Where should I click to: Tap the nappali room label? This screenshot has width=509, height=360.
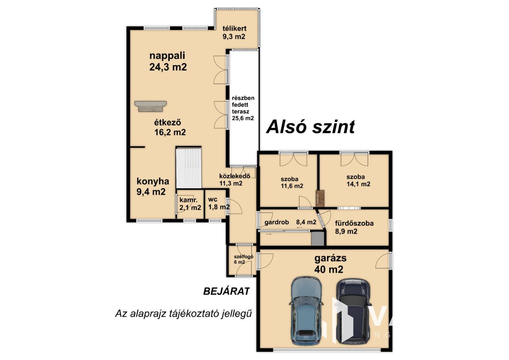(168, 61)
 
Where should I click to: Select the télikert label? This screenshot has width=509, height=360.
(234, 33)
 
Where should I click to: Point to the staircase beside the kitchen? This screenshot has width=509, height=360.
(189, 168)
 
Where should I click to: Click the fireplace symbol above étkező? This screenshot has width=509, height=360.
(150, 106)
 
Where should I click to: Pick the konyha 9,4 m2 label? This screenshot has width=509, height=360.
(152, 187)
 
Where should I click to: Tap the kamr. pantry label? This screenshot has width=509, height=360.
(190, 204)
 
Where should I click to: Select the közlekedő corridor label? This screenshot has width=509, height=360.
(235, 179)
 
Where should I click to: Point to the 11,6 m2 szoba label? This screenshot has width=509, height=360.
(292, 183)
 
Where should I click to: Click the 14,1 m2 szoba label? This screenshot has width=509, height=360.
(358, 181)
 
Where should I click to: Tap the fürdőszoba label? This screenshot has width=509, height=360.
(354, 227)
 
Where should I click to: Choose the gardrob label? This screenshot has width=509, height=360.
(276, 222)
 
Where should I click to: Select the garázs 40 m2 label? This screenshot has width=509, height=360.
(330, 264)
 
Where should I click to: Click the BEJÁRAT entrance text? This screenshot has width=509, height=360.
(226, 291)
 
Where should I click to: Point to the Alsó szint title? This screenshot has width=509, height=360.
(311, 127)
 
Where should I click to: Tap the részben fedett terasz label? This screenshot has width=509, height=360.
(243, 108)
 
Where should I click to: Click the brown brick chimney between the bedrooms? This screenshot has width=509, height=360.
(320, 198)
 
